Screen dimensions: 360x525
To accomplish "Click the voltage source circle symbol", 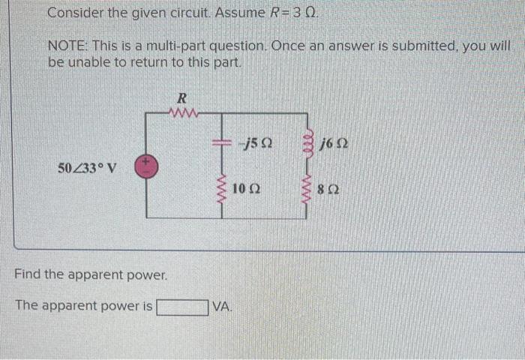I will click(x=145, y=166).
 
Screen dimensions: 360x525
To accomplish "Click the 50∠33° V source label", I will click(x=87, y=166).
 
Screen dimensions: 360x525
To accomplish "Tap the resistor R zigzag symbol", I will click(x=182, y=114).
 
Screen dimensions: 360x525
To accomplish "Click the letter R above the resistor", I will click(x=181, y=97).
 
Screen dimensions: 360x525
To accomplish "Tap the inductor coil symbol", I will click(x=307, y=142).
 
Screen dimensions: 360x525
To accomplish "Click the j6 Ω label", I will click(x=331, y=142).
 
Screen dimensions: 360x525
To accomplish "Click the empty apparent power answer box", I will click(x=182, y=306).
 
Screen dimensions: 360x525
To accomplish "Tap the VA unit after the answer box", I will click(x=222, y=306).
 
